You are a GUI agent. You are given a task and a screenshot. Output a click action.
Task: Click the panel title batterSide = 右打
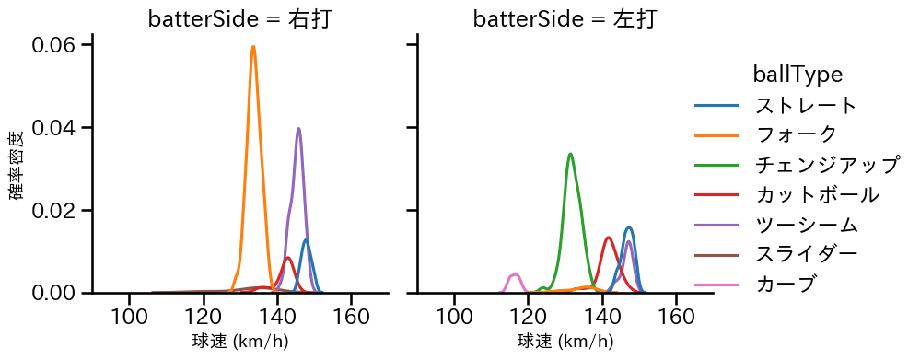[x=239, y=18]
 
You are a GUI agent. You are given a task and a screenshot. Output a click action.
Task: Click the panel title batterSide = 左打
[x=565, y=18]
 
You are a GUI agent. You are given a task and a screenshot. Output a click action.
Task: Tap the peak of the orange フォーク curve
[x=253, y=47]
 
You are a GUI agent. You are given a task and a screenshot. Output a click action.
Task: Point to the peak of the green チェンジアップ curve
[x=571, y=154]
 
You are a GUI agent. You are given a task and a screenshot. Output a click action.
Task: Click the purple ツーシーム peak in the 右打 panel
[x=298, y=129]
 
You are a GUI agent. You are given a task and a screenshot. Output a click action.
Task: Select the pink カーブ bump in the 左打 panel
[x=515, y=275]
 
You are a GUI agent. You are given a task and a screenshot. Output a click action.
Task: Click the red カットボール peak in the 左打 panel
[x=609, y=238]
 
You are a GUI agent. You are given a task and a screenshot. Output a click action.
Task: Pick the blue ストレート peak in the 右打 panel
[x=305, y=240]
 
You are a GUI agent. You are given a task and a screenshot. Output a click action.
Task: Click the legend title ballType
[x=798, y=74]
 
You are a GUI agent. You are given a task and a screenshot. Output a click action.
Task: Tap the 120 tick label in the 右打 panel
[x=204, y=317]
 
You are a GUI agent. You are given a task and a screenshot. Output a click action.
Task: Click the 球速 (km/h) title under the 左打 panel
[x=565, y=342]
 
